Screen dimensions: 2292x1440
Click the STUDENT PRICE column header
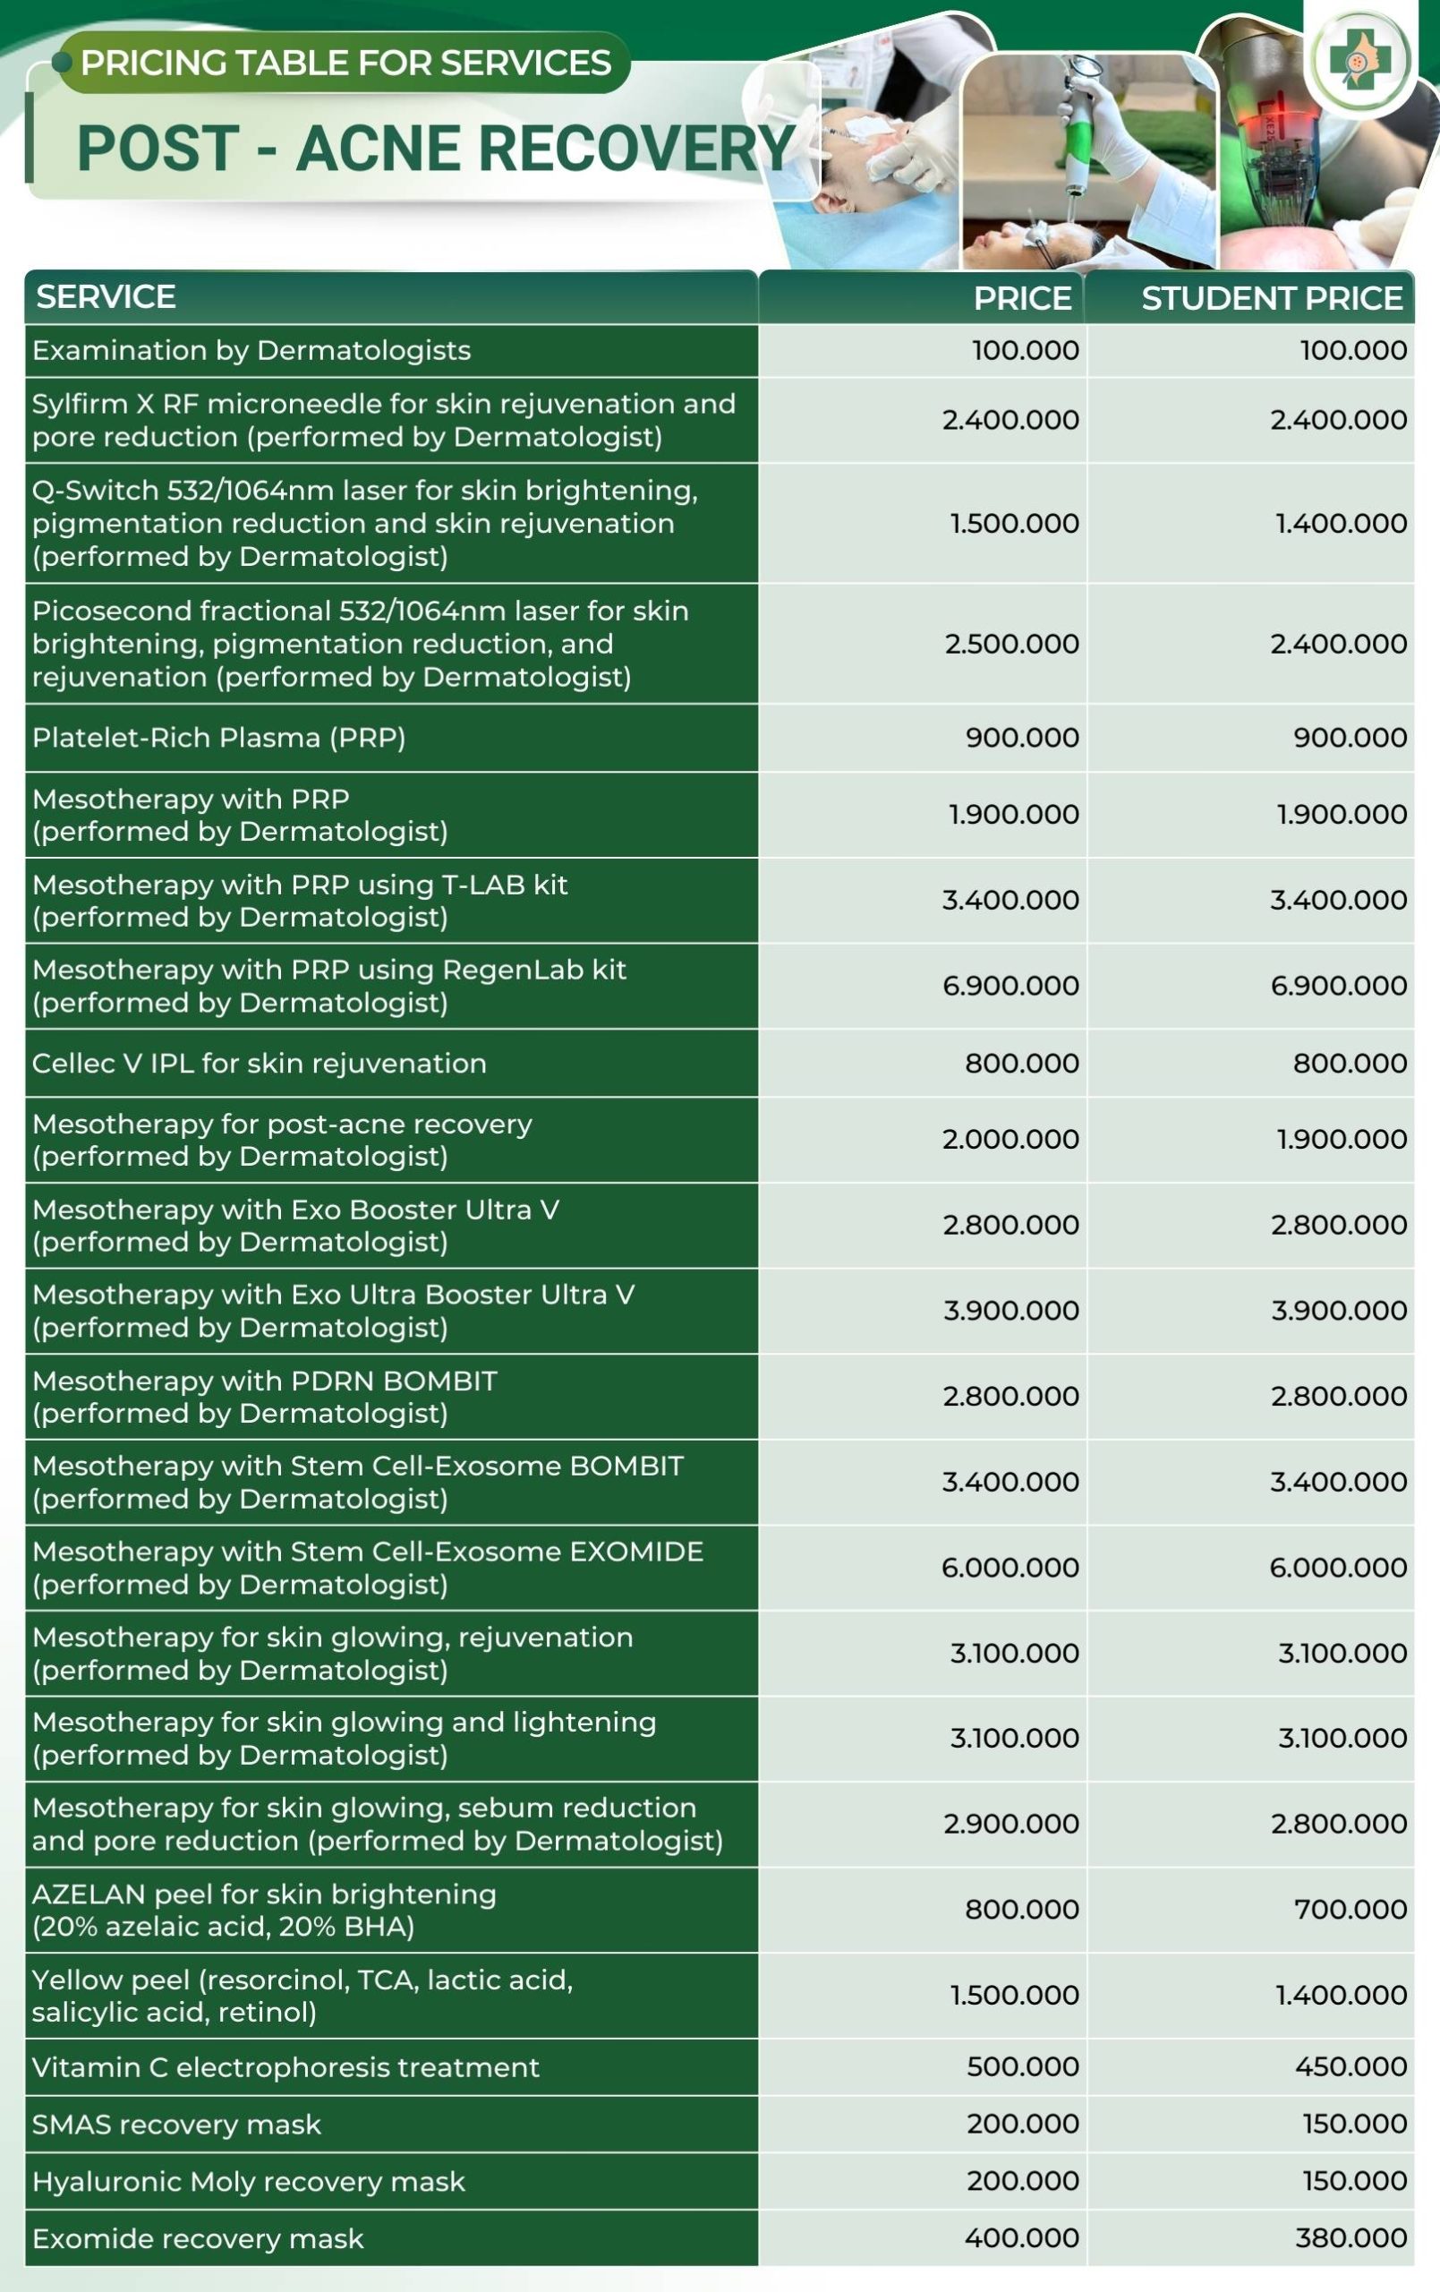click(1272, 299)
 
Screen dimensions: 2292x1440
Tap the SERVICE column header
click(106, 297)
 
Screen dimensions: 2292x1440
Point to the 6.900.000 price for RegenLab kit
click(1010, 985)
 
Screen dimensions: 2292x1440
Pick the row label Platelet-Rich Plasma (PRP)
click(219, 738)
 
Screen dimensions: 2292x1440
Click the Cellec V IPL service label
click(259, 1064)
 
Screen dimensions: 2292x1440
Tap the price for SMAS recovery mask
click(1022, 2124)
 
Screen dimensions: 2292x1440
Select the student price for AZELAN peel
click(1350, 1910)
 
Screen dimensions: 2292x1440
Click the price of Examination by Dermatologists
click(1025, 350)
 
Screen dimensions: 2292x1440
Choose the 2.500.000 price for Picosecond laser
click(1011, 644)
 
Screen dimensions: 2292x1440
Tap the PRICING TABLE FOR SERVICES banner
click(345, 63)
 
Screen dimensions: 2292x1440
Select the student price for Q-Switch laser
click(1341, 523)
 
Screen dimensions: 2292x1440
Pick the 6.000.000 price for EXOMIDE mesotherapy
click(1010, 1567)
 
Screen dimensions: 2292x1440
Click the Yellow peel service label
click(302, 1995)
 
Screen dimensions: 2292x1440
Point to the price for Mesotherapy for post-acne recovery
click(1010, 1140)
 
